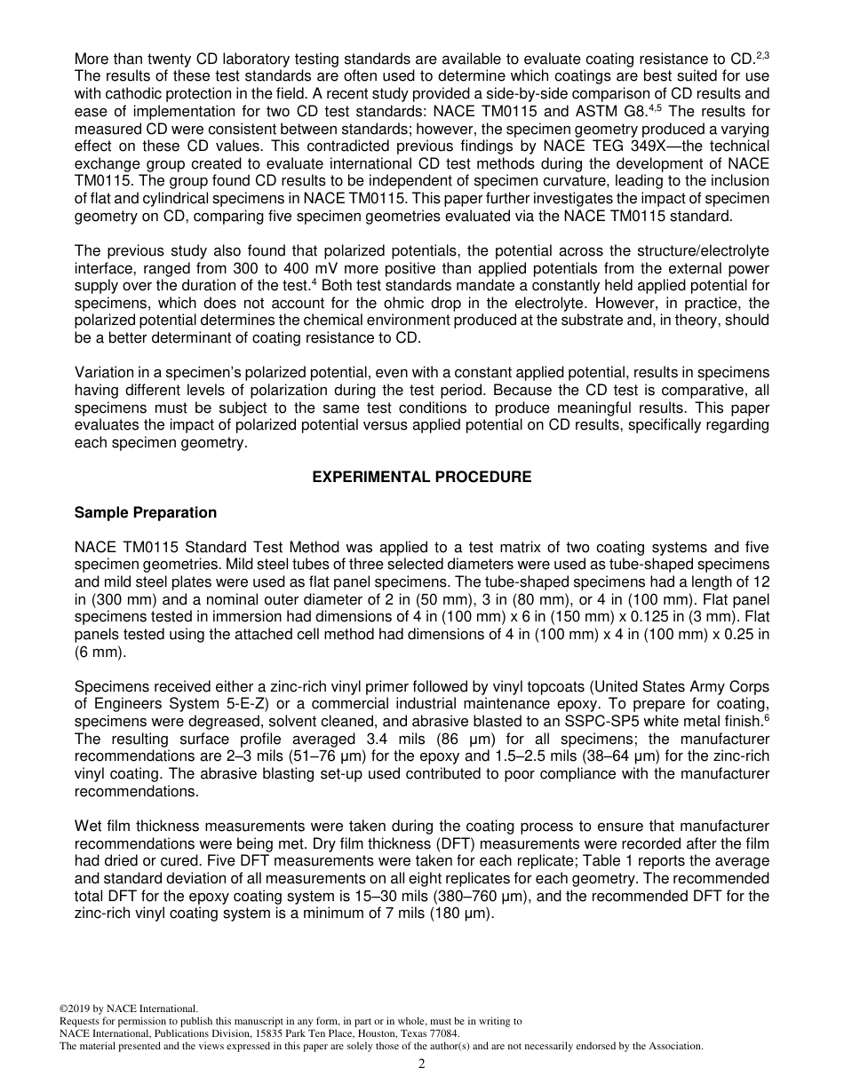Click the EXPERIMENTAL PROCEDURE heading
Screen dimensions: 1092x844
(x=421, y=478)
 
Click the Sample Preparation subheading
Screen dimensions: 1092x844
(x=146, y=513)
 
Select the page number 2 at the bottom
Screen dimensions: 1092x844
(x=422, y=1064)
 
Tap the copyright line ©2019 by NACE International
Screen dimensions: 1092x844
(x=128, y=1009)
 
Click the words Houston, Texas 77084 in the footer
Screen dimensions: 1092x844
(x=409, y=1033)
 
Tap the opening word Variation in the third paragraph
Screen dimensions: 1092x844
(x=105, y=372)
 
